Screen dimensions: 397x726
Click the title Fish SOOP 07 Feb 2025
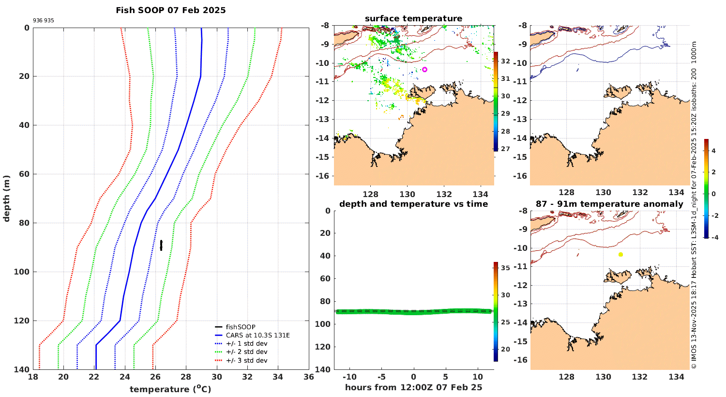[x=170, y=10]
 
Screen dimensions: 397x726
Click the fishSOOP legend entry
[x=240, y=327]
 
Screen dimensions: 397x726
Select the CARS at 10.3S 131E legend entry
[x=257, y=335]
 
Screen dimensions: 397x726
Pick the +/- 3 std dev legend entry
[x=246, y=360]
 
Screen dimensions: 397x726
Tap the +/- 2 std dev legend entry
[x=246, y=352]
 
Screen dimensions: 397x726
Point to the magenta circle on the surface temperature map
[x=424, y=69]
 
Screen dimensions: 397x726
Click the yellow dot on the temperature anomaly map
[x=620, y=254]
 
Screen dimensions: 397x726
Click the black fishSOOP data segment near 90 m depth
[x=161, y=245]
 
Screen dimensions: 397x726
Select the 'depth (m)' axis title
[x=6, y=198]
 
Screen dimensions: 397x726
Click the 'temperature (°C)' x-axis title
[x=170, y=389]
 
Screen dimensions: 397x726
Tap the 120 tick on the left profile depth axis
[x=22, y=321]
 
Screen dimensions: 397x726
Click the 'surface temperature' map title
[x=413, y=18]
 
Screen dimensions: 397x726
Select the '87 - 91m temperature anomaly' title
[x=609, y=204]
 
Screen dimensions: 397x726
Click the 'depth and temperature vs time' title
[x=413, y=204]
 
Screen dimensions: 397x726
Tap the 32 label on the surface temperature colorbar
[x=505, y=61]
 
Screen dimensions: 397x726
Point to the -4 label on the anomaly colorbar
[x=714, y=237]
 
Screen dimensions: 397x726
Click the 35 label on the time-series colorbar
[x=505, y=268]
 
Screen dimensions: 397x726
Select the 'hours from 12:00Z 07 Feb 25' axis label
[x=413, y=387]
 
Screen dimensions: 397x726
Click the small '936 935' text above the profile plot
[x=44, y=21]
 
